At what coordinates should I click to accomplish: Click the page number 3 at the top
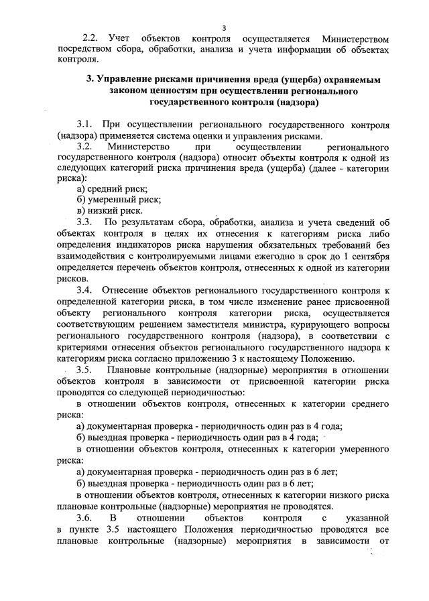click(x=225, y=27)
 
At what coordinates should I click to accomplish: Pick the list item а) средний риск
click(x=113, y=189)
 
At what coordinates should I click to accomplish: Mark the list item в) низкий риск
click(x=110, y=210)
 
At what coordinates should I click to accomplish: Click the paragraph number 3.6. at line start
click(x=84, y=517)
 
